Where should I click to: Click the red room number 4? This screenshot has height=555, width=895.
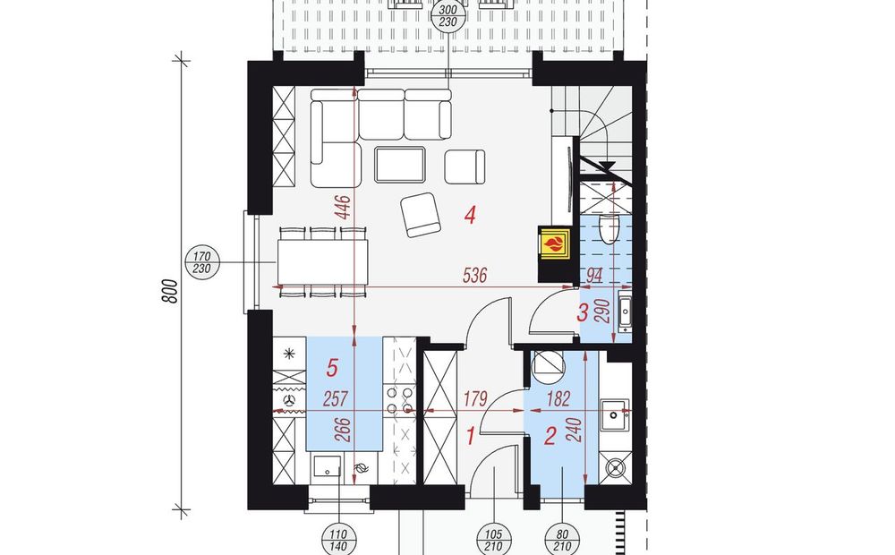tap(471, 215)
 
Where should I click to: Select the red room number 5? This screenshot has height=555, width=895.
tap(332, 368)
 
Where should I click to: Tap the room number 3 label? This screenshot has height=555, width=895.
tap(583, 312)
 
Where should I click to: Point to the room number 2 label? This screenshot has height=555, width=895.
tap(550, 437)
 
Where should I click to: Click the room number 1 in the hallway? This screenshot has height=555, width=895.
tap(471, 437)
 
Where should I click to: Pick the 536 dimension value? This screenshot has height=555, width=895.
tap(475, 276)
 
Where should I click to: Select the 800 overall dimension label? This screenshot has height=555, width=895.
tap(170, 291)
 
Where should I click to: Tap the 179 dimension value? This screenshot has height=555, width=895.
tap(475, 398)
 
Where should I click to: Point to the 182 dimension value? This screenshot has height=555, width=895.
tap(558, 398)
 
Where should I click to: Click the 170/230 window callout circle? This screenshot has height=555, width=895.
tap(202, 262)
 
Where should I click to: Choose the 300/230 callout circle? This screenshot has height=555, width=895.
tap(448, 15)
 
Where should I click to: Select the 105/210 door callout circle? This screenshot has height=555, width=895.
tap(493, 541)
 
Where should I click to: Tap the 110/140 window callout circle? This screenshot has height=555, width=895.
tap(338, 541)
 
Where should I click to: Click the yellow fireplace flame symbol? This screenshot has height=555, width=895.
tap(553, 245)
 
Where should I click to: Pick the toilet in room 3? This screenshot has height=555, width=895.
tap(610, 228)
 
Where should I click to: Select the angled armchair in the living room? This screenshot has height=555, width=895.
tap(421, 215)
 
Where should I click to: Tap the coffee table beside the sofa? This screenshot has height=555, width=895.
tap(400, 164)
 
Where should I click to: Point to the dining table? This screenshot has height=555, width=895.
tap(323, 262)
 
